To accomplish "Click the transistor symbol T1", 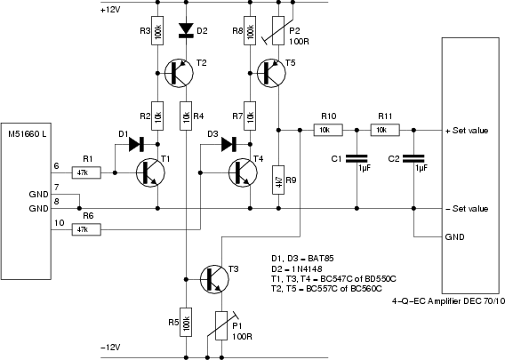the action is [x=150, y=173].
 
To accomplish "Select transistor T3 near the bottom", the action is [x=214, y=279].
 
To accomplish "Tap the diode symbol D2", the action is [x=186, y=30].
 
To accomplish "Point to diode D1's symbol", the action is [x=136, y=144].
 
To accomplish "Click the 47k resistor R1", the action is [x=86, y=173].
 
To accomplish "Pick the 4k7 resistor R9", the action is [x=278, y=180].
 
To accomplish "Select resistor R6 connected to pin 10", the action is [x=86, y=229].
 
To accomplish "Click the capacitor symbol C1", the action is [x=357, y=158].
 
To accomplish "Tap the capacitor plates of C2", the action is [x=413, y=158].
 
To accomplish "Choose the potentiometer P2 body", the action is [x=278, y=30].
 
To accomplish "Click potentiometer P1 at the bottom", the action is [x=221, y=325].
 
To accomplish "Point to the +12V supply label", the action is [x=110, y=10].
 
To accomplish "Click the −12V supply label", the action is [x=110, y=348].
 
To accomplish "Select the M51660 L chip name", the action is [x=28, y=133].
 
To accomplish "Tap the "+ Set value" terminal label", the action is [x=467, y=131].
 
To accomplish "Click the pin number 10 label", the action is [x=60, y=223].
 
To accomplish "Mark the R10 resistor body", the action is [x=328, y=130].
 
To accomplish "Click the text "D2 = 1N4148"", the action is [x=297, y=268].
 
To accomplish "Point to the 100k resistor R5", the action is [x=186, y=322].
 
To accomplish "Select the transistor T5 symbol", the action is [x=271, y=73].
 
